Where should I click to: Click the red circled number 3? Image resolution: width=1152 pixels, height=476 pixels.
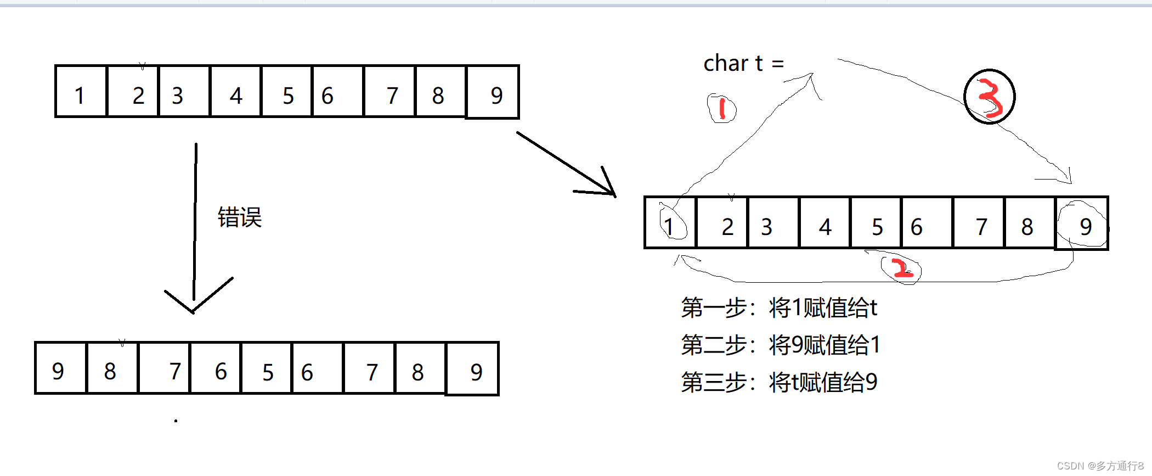pyautogui.click(x=990, y=97)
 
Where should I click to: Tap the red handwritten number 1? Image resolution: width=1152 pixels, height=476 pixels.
pyautogui.click(x=721, y=108)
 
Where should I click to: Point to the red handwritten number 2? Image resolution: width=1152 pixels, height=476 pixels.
pyautogui.click(x=901, y=269)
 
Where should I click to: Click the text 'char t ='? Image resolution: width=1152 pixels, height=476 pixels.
pyautogui.click(x=743, y=64)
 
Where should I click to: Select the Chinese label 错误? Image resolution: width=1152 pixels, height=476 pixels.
pyautogui.click(x=240, y=217)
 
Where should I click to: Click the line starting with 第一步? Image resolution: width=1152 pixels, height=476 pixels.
pyautogui.click(x=779, y=307)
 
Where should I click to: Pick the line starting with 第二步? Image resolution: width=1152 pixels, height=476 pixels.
pyautogui.click(x=781, y=345)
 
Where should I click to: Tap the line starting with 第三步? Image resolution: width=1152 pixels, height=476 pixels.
pyautogui.click(x=779, y=382)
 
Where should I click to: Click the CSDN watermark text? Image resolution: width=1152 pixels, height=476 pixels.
pyautogui.click(x=1100, y=466)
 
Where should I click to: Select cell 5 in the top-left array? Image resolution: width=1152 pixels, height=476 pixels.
pyautogui.click(x=287, y=92)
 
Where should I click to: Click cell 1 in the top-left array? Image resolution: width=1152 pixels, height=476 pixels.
pyautogui.click(x=81, y=92)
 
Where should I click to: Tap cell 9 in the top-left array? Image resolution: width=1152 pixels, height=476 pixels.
pyautogui.click(x=493, y=92)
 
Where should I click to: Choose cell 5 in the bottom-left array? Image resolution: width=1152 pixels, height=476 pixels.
pyautogui.click(x=267, y=369)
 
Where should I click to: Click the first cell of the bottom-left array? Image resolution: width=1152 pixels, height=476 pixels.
pyautogui.click(x=60, y=369)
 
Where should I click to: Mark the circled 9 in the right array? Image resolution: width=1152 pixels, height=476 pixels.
pyautogui.click(x=1082, y=224)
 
